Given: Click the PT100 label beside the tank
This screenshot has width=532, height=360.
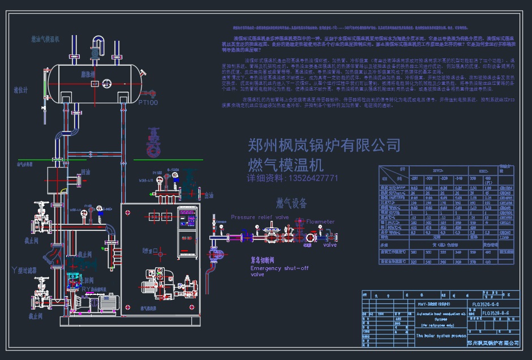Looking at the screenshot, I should (x=148, y=102).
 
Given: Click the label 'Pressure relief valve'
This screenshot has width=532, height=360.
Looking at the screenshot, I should (x=260, y=217).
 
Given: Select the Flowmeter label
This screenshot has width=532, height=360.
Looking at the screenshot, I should (x=320, y=222).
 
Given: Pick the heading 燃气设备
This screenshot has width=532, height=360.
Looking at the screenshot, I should (x=291, y=203).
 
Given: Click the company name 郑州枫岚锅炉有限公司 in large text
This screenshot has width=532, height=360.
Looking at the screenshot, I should (x=324, y=145).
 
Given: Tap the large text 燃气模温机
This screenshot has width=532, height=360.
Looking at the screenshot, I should (x=285, y=165).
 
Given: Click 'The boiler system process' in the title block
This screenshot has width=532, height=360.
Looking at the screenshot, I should (x=441, y=336).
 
